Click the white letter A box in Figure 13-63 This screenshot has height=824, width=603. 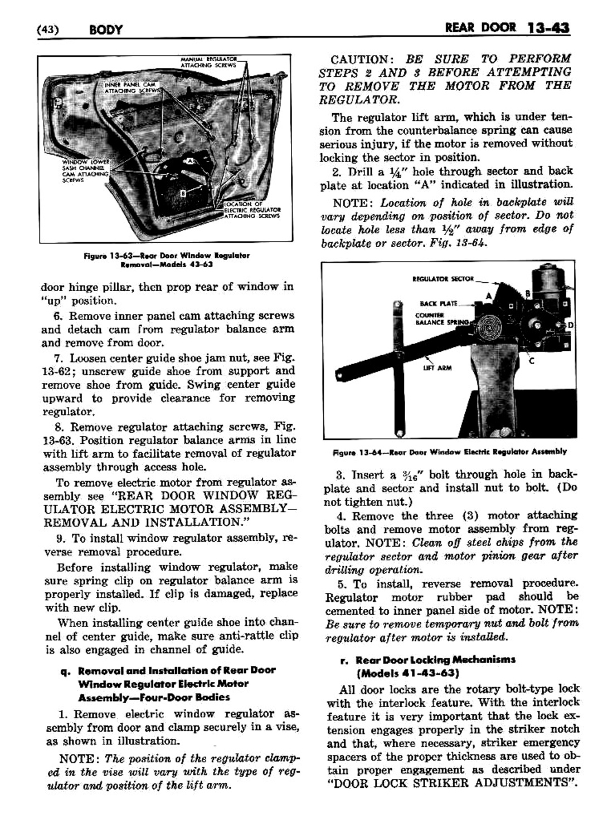189,160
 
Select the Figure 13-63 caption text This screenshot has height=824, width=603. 166,259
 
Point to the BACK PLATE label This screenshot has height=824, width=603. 438,303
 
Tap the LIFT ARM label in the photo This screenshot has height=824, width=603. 438,368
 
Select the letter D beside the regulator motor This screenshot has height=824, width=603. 571,324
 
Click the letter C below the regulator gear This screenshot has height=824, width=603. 531,361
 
